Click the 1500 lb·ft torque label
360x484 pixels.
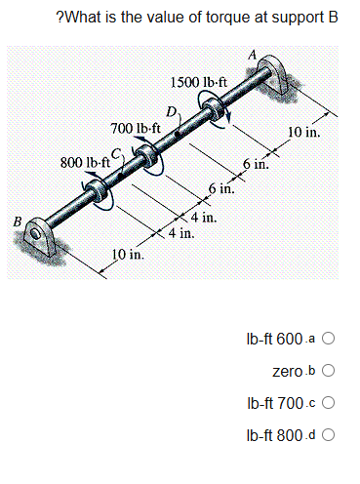pos(199,81)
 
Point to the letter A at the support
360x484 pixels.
pos(257,56)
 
